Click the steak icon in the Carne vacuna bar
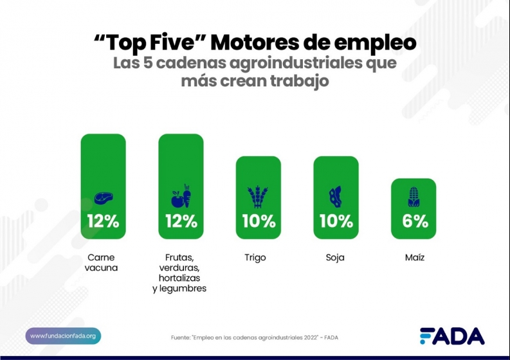click(x=103, y=198)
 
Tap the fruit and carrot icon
click(x=181, y=197)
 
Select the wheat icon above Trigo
click(x=258, y=197)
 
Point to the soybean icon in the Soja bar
click(x=335, y=197)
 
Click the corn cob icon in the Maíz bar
click(x=413, y=197)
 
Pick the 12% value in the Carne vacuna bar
click(x=103, y=221)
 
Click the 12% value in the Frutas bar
click(x=181, y=221)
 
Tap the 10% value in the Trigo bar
click(x=259, y=221)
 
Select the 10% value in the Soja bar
click(x=336, y=221)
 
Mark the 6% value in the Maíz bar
click(x=414, y=221)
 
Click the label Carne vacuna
click(x=102, y=262)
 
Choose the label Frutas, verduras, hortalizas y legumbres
click(x=179, y=273)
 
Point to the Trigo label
click(x=255, y=258)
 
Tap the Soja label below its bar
click(x=335, y=258)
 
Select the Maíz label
click(x=414, y=258)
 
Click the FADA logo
click(x=452, y=336)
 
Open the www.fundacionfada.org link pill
click(x=63, y=336)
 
